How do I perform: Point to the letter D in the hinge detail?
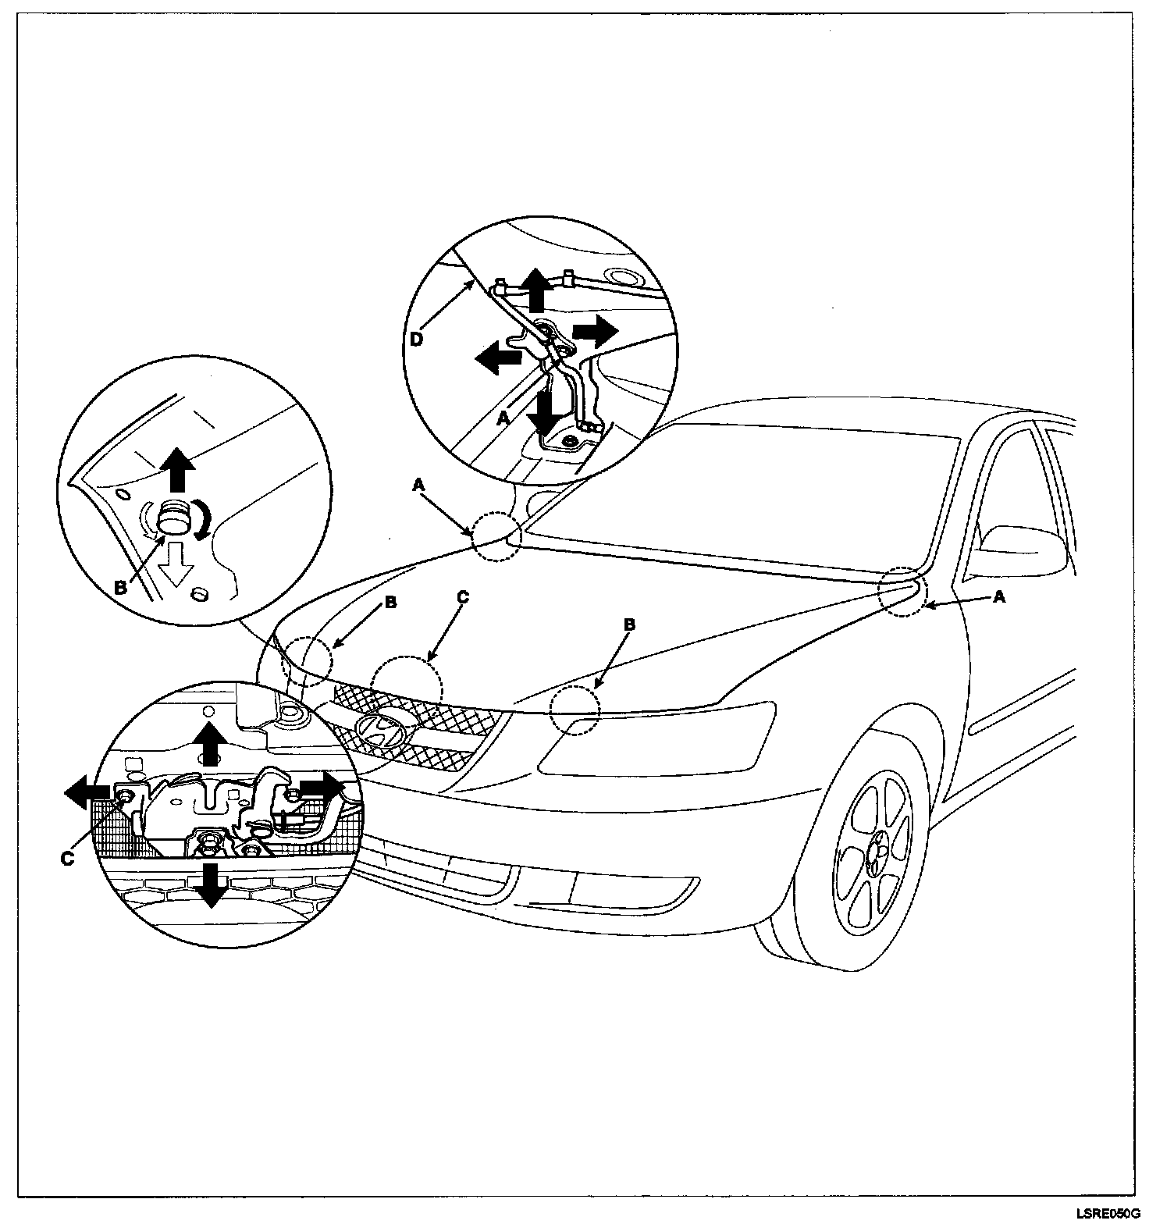click(x=418, y=340)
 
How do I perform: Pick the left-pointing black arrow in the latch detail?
click(x=87, y=795)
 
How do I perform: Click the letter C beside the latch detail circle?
click(x=67, y=858)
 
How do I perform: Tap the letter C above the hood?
click(x=463, y=598)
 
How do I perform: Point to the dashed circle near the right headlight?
click(x=575, y=710)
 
